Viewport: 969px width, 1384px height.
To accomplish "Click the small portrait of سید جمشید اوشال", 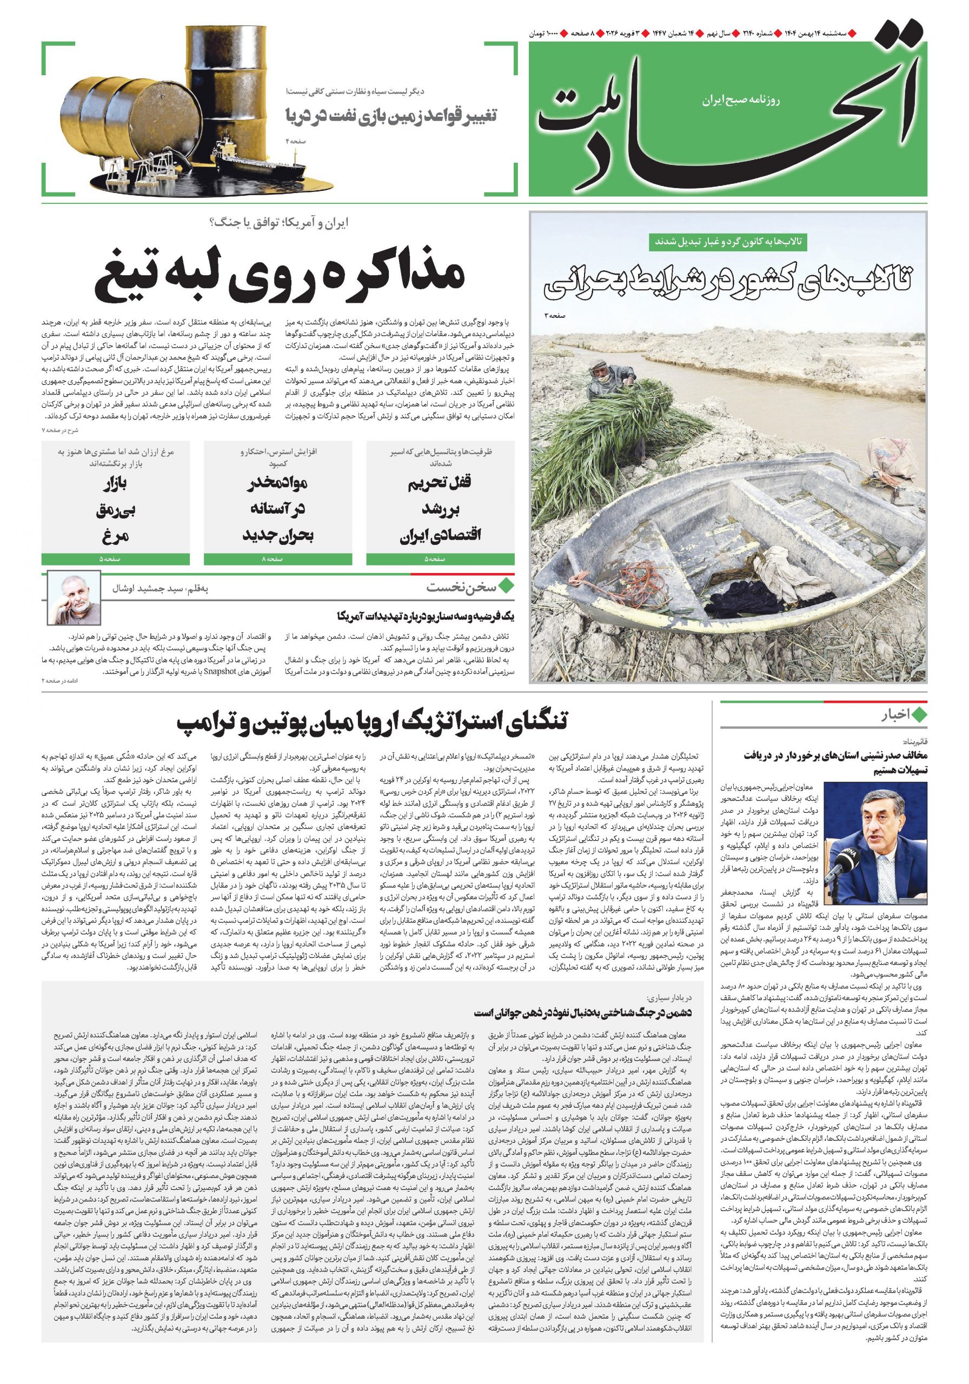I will tap(73, 600).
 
